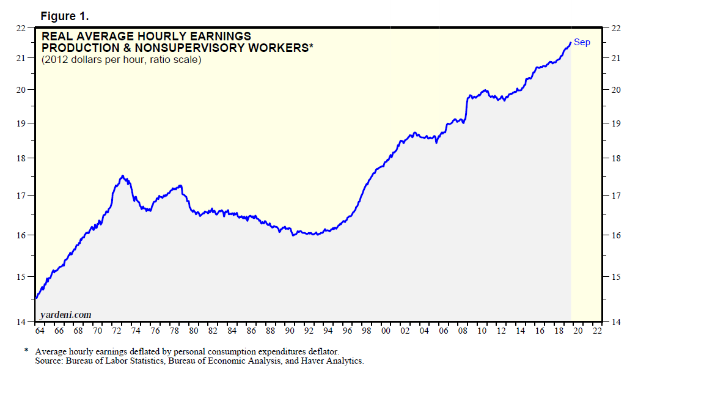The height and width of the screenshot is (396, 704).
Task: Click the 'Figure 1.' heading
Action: pyautogui.click(x=64, y=16)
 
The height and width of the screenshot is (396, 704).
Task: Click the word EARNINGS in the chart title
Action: pyautogui.click(x=217, y=37)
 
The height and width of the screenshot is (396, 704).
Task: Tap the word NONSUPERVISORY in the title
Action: pyautogui.click(x=216, y=48)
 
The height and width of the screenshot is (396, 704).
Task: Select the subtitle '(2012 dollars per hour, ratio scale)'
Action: pyautogui.click(x=121, y=60)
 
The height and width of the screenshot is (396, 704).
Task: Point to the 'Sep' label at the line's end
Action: pyautogui.click(x=582, y=42)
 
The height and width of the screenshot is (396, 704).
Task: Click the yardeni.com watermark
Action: pyautogui.click(x=65, y=314)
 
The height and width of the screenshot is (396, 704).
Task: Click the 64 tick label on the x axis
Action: pyautogui.click(x=40, y=331)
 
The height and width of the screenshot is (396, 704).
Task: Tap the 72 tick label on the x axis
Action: pyautogui.click(x=117, y=331)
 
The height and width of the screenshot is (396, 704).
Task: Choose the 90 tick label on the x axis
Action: pyautogui.click(x=290, y=331)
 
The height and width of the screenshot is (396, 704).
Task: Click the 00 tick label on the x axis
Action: pyautogui.click(x=386, y=331)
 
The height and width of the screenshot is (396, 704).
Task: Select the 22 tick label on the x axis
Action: pyautogui.click(x=597, y=331)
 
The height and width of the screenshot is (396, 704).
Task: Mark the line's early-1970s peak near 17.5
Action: pyautogui.click(x=123, y=176)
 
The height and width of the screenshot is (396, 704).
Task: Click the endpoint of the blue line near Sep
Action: pyautogui.click(x=570, y=43)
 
